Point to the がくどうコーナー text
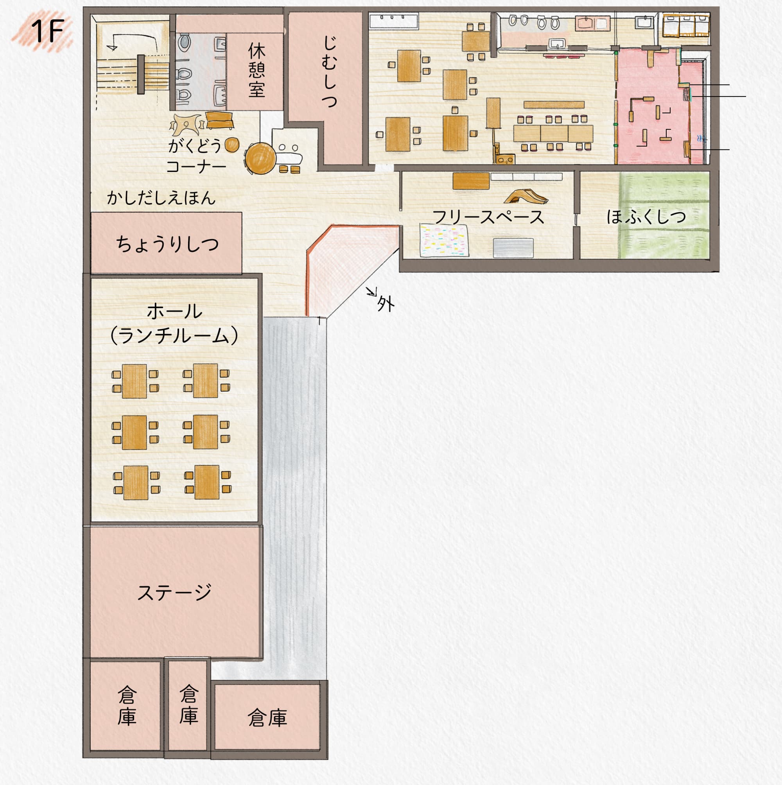195,156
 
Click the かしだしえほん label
161,198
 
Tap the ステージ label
174,592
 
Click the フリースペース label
488,217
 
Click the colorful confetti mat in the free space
444,240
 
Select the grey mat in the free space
513,248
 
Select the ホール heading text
174,312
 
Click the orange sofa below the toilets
219,120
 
